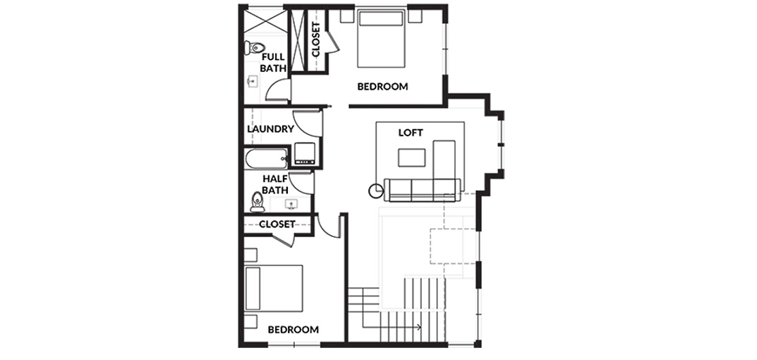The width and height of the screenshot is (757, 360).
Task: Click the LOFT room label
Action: [x=411, y=133]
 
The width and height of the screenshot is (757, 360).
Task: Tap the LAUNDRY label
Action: [x=270, y=129]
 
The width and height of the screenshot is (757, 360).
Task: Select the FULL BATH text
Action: [x=273, y=63]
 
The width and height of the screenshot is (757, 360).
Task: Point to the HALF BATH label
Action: [x=274, y=184]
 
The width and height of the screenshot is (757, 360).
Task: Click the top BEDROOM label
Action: [x=382, y=87]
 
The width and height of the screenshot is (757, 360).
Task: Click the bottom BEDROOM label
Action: [x=293, y=330]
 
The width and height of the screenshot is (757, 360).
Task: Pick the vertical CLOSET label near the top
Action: [x=316, y=40]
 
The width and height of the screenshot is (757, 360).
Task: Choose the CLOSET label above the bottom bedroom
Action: [x=277, y=224]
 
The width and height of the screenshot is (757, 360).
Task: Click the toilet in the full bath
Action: [x=254, y=48]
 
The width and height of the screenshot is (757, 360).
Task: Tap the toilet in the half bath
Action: [x=258, y=201]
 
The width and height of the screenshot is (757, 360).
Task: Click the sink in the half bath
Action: [x=291, y=205]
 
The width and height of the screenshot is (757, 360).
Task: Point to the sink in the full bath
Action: [x=252, y=82]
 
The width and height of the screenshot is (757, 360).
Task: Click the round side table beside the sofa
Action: [x=375, y=191]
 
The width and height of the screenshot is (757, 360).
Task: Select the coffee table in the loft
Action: [x=411, y=157]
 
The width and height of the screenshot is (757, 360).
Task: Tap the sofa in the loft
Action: [x=423, y=190]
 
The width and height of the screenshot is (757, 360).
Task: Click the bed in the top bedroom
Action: [x=381, y=39]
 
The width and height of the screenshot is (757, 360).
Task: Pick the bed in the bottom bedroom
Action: [x=274, y=288]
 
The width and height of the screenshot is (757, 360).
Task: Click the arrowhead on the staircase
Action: [x=418, y=327]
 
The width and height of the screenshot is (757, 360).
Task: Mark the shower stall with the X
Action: [x=265, y=21]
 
